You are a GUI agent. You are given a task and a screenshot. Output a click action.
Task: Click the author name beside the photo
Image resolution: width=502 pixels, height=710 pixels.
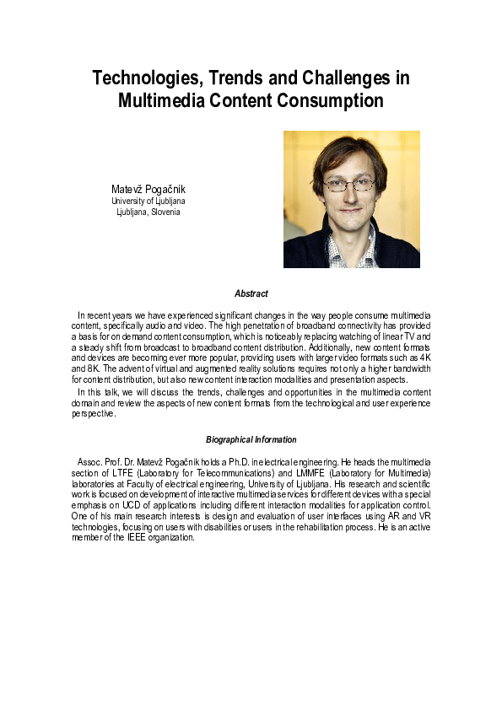point(148,188)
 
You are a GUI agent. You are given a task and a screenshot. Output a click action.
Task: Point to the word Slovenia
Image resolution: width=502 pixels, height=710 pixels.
point(165,212)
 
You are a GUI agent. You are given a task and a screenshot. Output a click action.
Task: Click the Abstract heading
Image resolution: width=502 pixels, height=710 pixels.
point(251,293)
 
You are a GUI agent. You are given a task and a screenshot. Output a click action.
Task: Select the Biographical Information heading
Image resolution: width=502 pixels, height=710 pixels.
point(251,439)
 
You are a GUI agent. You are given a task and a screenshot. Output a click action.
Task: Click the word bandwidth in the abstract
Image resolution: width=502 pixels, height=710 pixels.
point(408,368)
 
